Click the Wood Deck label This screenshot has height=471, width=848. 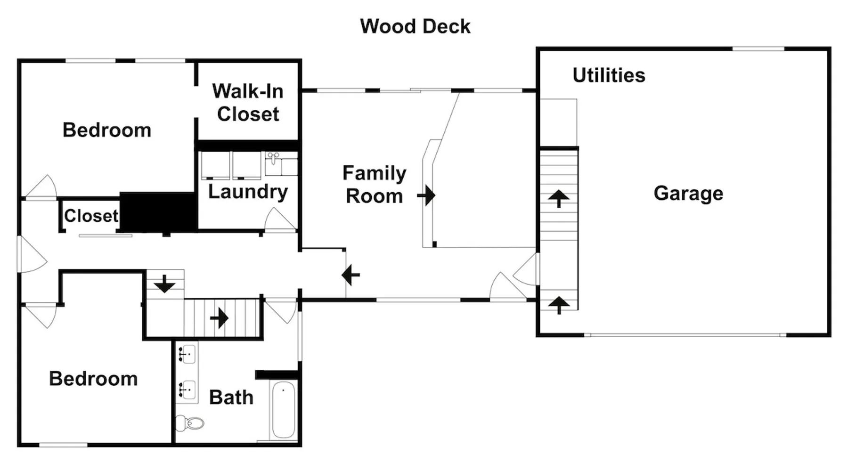tap(415, 26)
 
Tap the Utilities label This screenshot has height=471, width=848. tap(609, 75)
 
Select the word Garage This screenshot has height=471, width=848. tap(688, 194)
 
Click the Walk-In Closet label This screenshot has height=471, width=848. tap(248, 103)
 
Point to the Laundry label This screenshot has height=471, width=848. tap(248, 192)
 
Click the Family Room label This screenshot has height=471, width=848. tap(374, 185)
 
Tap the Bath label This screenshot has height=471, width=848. tap(231, 398)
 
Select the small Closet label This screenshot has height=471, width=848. tap(91, 216)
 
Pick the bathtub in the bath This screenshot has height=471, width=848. tap(283, 410)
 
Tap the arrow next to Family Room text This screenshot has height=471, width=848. tap(426, 195)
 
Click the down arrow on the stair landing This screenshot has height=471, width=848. tap(164, 284)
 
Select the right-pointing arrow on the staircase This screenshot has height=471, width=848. tap(220, 318)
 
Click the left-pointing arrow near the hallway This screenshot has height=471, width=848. tap(351, 275)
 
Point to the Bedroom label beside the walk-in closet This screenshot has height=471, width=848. tap(107, 130)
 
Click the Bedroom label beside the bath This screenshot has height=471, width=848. tap(93, 379)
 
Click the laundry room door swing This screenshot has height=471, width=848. tap(280, 220)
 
